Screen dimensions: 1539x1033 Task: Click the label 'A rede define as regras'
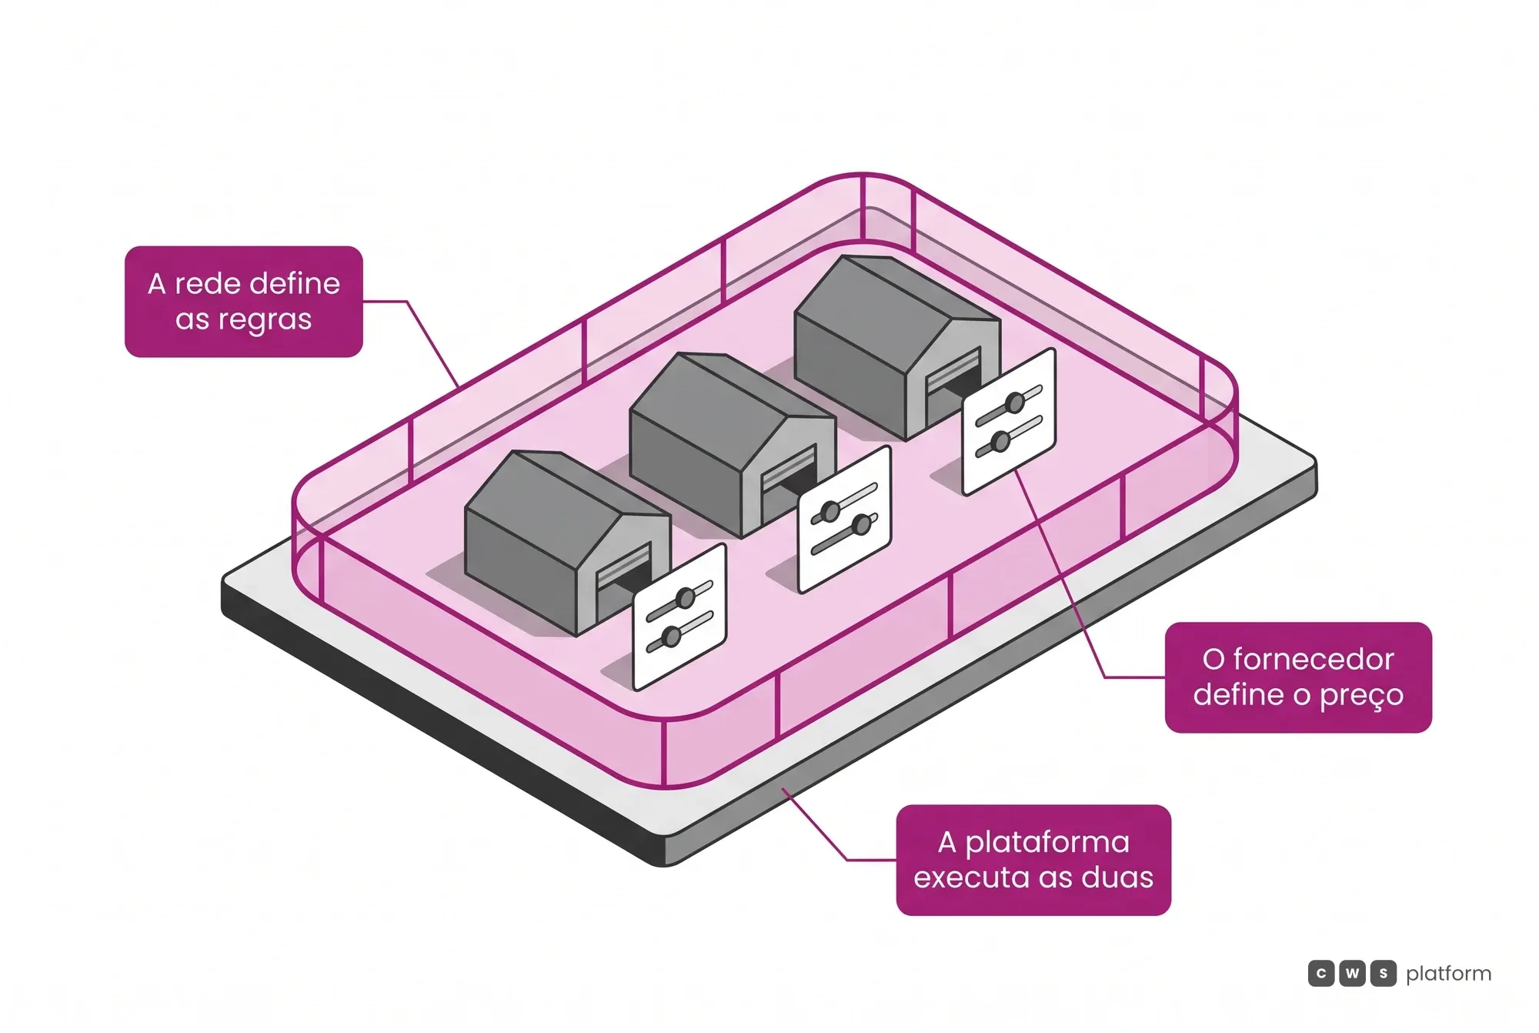(x=243, y=301)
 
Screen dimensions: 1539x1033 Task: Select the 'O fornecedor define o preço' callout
(x=1298, y=677)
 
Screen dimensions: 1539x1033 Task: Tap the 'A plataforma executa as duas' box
(x=1033, y=860)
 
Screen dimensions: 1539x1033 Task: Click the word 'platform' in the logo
(x=1448, y=974)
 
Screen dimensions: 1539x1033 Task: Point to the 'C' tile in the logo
(x=1321, y=974)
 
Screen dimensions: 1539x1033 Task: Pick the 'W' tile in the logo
(x=1352, y=974)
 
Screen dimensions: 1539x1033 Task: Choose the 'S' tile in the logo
(x=1383, y=974)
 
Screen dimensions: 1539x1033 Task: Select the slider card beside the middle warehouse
(x=845, y=520)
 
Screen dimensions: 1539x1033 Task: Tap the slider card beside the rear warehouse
(x=1009, y=422)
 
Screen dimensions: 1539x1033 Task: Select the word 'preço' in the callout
(x=1362, y=696)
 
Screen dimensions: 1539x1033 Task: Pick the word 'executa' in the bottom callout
(x=970, y=878)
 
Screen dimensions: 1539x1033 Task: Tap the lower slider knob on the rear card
(x=1000, y=442)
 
